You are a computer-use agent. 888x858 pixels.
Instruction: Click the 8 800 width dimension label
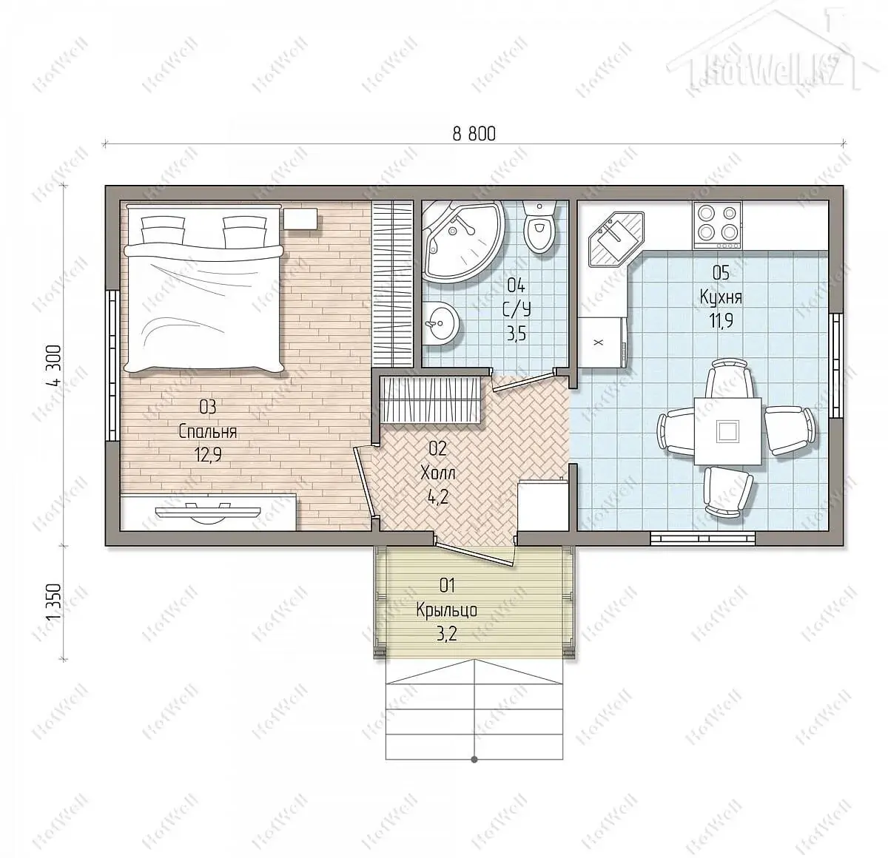[474, 134]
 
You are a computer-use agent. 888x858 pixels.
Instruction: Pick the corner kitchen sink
[616, 239]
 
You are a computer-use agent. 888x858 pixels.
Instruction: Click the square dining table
[728, 431]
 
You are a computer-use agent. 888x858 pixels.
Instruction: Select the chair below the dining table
[727, 492]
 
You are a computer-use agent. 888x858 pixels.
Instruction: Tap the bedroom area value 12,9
[208, 455]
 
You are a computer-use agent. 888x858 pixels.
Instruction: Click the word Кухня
[721, 297]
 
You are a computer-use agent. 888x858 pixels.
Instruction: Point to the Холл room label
[437, 473]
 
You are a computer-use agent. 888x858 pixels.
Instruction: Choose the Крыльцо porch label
[447, 610]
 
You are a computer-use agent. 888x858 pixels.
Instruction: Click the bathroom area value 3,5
[516, 334]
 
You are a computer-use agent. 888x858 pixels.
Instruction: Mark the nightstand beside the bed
[300, 218]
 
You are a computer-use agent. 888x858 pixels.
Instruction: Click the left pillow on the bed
[164, 230]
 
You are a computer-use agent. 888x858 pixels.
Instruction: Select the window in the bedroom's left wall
[112, 365]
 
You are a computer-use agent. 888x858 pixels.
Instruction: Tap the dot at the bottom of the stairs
[474, 759]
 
